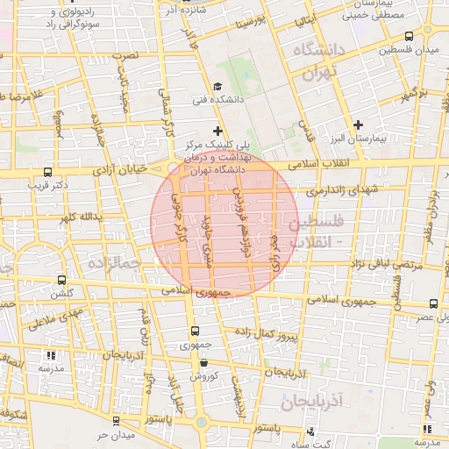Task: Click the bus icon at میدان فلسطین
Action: [410, 36]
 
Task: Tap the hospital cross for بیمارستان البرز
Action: [357, 125]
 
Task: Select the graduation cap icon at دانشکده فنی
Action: [216, 86]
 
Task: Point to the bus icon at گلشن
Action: [61, 281]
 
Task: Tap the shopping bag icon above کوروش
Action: [203, 362]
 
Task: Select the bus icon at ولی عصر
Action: [434, 303]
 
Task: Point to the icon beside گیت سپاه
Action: [312, 431]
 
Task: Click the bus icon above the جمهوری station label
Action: [195, 331]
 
